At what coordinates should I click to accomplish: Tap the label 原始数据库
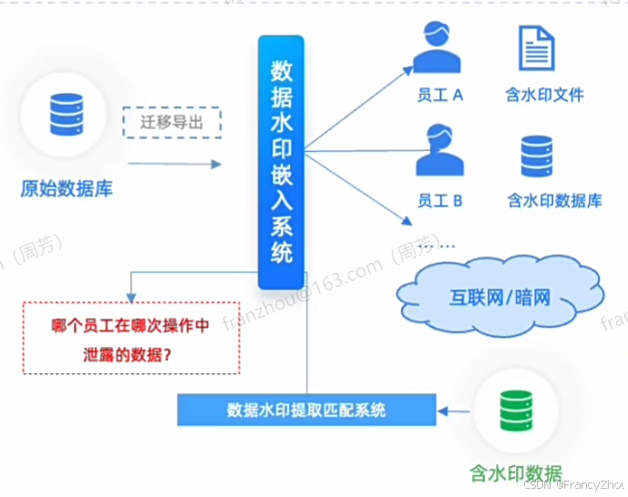coord(67,189)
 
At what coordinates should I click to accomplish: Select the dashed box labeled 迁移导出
coord(172,121)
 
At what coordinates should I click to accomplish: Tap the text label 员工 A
coord(440,94)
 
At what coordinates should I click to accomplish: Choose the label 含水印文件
coord(545,94)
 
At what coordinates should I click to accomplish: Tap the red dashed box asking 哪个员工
coord(131,338)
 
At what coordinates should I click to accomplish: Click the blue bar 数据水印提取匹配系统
coord(306,410)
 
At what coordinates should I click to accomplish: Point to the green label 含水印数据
coord(515,472)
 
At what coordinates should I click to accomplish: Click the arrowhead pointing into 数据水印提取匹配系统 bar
coord(444,411)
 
